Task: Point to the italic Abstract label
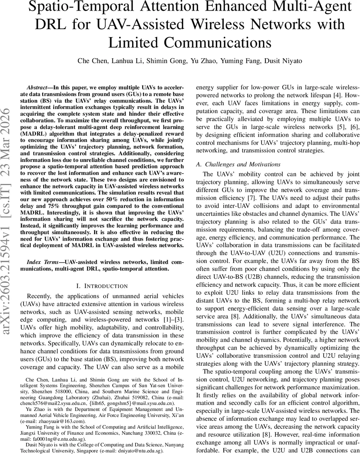[37, 86]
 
